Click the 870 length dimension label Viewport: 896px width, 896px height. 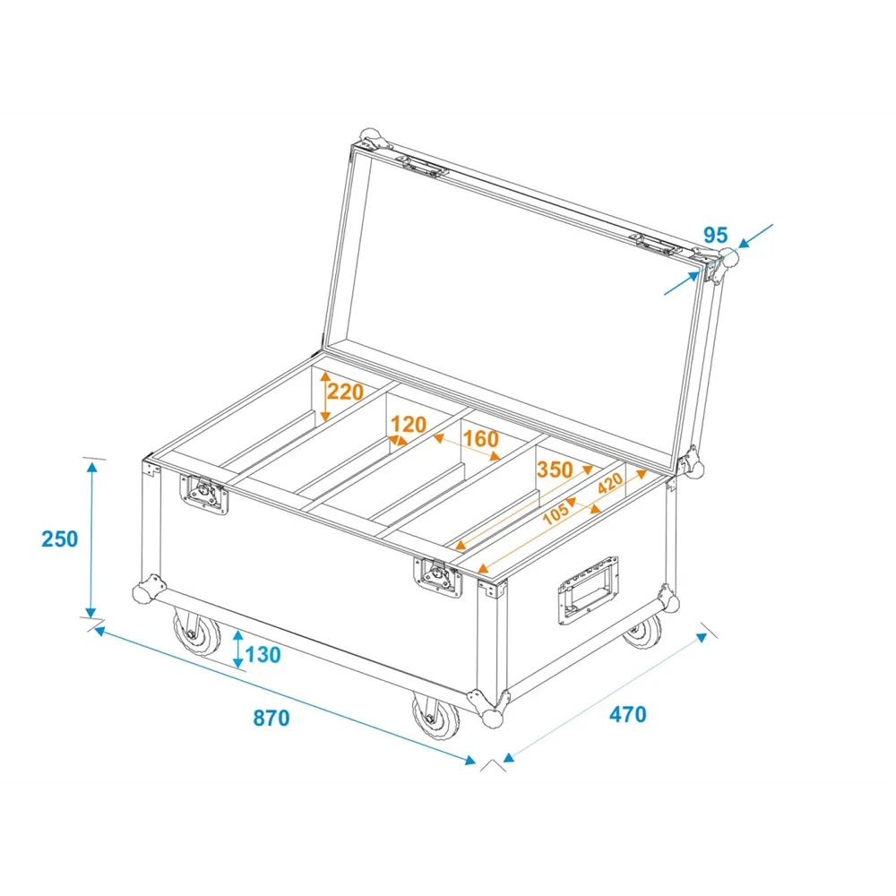point(271,718)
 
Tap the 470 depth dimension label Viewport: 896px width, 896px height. point(627,714)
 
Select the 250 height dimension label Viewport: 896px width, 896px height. point(59,538)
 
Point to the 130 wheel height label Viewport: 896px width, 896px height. point(263,655)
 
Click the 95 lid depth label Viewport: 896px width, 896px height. point(715,235)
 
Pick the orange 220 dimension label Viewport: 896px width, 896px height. point(345,392)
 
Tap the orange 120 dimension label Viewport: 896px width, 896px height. point(409,425)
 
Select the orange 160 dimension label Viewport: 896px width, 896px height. point(480,439)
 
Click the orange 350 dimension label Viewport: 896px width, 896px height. point(555,470)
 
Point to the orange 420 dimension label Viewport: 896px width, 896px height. point(610,484)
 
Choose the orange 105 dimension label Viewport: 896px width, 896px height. point(556,513)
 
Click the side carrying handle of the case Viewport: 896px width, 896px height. point(588,590)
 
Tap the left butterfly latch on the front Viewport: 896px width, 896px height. point(204,493)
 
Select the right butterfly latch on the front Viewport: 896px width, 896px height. point(438,576)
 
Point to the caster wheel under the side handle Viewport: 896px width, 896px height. point(642,632)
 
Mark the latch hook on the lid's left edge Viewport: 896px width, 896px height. point(422,167)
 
